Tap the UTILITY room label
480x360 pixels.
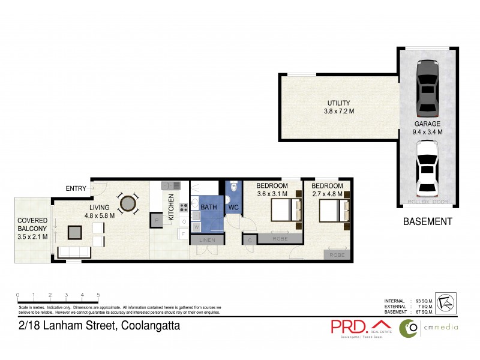pos(338,107)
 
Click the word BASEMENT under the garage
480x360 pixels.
pos(427,221)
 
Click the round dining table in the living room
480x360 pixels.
pos(128,204)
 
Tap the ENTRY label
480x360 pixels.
pos(76,189)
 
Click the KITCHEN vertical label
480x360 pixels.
pos(171,207)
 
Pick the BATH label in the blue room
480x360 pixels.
pos(208,208)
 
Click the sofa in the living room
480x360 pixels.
pos(74,251)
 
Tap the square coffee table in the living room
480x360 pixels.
pos(76,231)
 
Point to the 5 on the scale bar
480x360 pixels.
pos(98,295)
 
